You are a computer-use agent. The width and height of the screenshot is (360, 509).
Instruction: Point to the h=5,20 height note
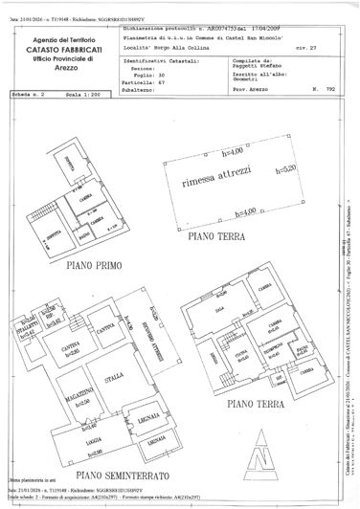pyautogui.click(x=285, y=195)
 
